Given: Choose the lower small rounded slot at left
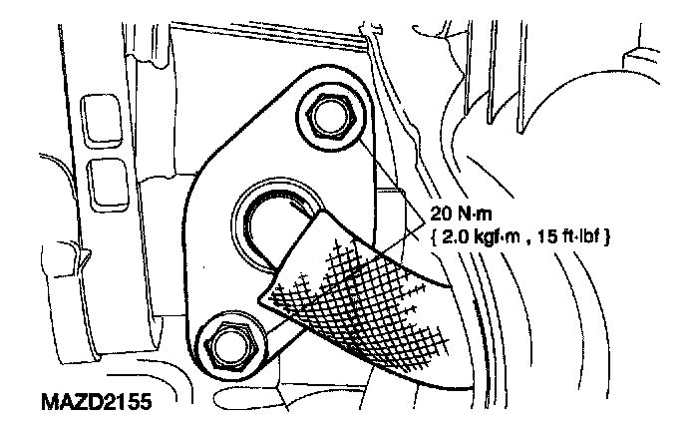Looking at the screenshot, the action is pos(103,181).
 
